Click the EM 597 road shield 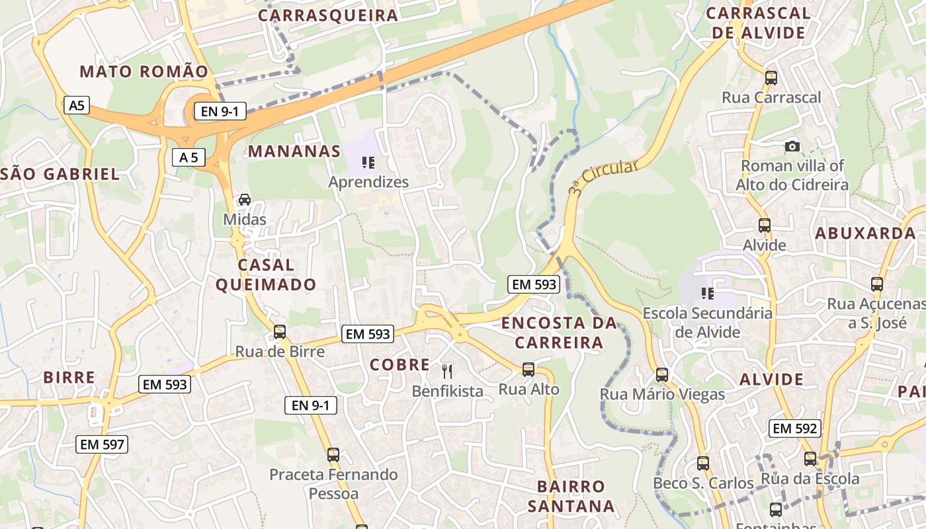click(x=102, y=444)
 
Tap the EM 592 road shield click(x=796, y=428)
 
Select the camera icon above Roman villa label click(x=792, y=146)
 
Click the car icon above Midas click(x=245, y=199)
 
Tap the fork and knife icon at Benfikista click(x=448, y=371)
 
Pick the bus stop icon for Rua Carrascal click(x=771, y=77)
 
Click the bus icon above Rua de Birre click(x=280, y=331)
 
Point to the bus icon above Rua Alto click(x=528, y=369)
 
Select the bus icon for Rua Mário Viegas click(x=662, y=374)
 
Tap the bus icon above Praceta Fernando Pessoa click(x=333, y=454)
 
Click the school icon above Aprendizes click(x=368, y=162)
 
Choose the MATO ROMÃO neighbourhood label click(x=144, y=71)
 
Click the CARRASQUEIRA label click(x=328, y=15)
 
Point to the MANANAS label click(x=294, y=151)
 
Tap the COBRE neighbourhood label click(x=400, y=364)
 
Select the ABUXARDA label click(x=865, y=233)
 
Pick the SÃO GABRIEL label click(x=60, y=175)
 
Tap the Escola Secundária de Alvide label click(x=708, y=322)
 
